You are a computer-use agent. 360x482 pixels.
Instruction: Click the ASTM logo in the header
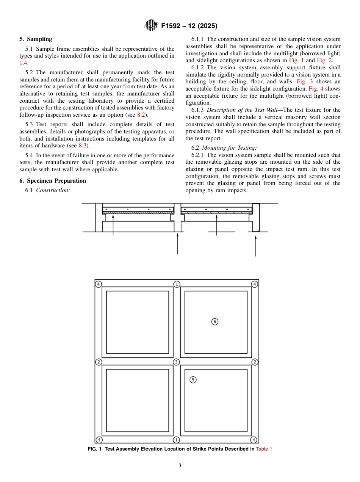(x=152, y=26)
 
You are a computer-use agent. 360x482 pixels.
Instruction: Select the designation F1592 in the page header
(x=173, y=26)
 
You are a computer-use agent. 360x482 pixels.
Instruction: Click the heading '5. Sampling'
(x=36, y=39)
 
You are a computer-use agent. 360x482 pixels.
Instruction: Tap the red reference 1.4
(x=23, y=63)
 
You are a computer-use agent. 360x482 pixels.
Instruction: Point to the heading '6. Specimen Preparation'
(x=53, y=181)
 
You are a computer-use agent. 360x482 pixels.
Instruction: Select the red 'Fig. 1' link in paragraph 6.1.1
(x=296, y=60)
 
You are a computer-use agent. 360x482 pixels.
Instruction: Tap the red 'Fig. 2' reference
(x=324, y=60)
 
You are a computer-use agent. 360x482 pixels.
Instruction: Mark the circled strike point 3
(x=176, y=362)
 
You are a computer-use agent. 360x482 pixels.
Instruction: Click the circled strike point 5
(x=193, y=380)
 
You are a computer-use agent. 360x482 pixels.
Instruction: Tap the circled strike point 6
(x=215, y=322)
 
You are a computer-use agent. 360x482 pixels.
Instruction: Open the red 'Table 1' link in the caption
(x=264, y=449)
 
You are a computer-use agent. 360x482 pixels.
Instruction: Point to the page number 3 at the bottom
(x=180, y=466)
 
